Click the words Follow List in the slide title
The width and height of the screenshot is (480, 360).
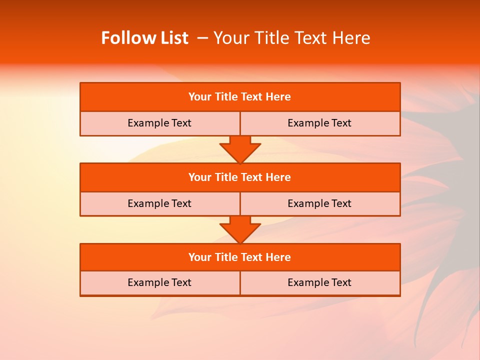[x=144, y=38]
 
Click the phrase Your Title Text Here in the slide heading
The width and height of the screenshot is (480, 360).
[x=291, y=38]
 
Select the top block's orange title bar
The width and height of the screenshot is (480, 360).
[x=240, y=97]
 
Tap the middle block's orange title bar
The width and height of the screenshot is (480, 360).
[x=240, y=177]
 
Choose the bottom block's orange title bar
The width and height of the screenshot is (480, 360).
[x=240, y=257]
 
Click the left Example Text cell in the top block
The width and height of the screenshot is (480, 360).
[x=159, y=123]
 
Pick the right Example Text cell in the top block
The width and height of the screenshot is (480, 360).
[x=319, y=123]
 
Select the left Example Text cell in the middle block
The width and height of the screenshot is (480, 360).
[x=159, y=203]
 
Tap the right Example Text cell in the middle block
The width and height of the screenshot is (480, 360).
[x=319, y=203]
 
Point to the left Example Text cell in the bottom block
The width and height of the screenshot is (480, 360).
[x=159, y=282]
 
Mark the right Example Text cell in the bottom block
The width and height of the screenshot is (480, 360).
[x=319, y=282]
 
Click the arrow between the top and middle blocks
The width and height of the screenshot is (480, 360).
[x=240, y=149]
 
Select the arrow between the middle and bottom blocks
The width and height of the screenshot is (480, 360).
[x=240, y=229]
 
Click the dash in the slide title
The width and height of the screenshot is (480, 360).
[x=203, y=38]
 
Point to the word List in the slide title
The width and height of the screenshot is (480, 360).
[x=173, y=38]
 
